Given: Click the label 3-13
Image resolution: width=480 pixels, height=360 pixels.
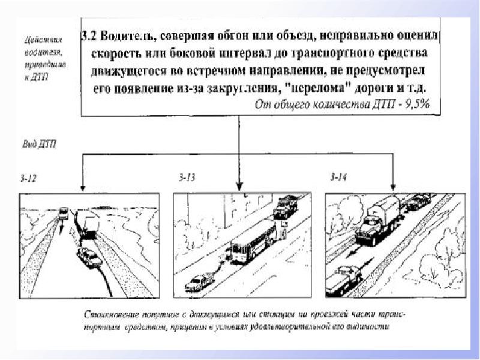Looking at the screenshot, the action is pos(187,177).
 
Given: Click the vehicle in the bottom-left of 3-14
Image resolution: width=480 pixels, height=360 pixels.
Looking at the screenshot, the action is pos(344,277).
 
